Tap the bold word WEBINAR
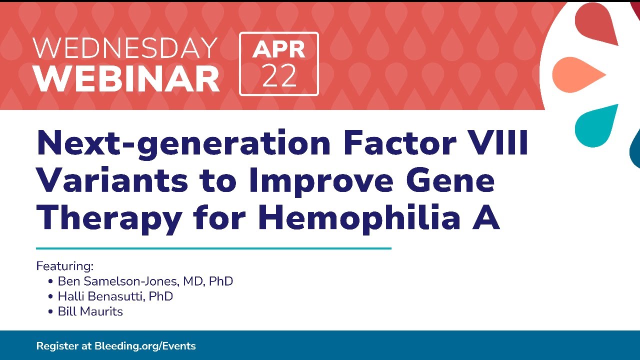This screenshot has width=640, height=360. pyautogui.click(x=126, y=78)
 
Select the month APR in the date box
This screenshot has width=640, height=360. pyautogui.click(x=278, y=49)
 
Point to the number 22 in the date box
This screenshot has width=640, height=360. pyautogui.click(x=279, y=75)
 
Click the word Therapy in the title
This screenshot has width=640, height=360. pyautogui.click(x=109, y=219)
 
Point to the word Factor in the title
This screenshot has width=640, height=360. pyautogui.click(x=399, y=142)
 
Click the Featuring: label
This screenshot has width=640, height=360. pyautogui.click(x=65, y=266)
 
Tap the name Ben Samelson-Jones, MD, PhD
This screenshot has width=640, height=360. pyautogui.click(x=145, y=281)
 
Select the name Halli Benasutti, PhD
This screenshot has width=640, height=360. pyautogui.click(x=115, y=296)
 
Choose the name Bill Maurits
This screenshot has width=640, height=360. pyautogui.click(x=90, y=311)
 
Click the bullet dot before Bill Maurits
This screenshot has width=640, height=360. pyautogui.click(x=50, y=311)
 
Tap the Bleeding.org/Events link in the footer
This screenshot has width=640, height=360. pyautogui.click(x=145, y=346)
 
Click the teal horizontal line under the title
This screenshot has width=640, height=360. pyautogui.click(x=213, y=248)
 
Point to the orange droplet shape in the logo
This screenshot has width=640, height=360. pyautogui.click(x=579, y=75)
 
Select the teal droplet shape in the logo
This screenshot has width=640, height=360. pyautogui.click(x=595, y=125)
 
